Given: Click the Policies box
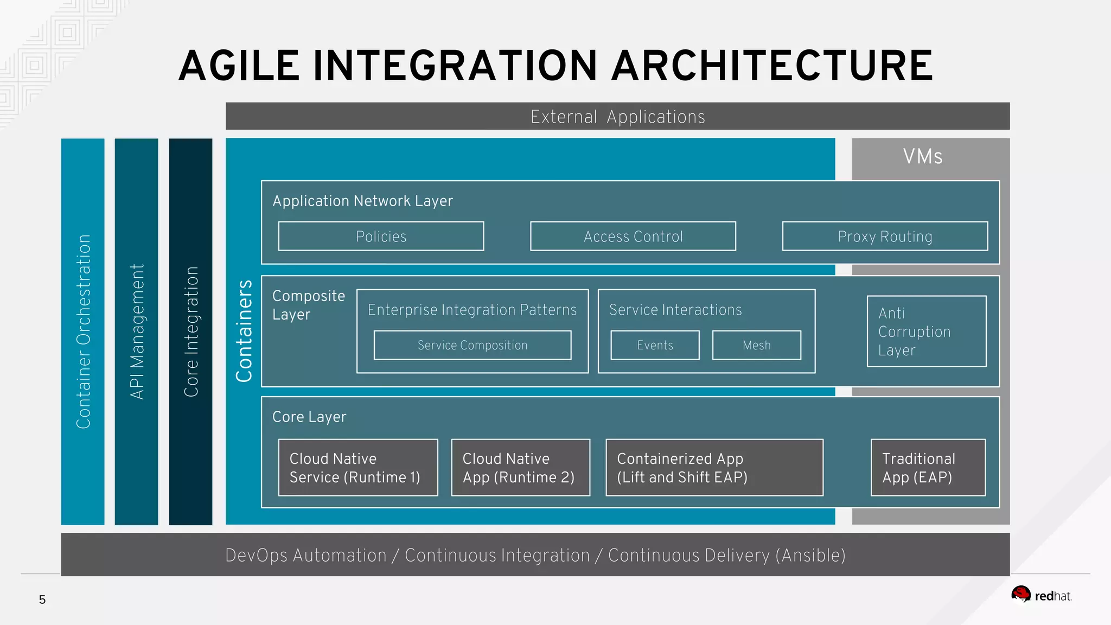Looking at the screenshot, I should coord(381,237).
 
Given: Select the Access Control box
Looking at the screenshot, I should coord(633,237).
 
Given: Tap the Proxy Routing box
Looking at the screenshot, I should coord(885,237).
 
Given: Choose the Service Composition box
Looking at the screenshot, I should coord(473,345).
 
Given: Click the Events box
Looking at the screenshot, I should coord(655,345).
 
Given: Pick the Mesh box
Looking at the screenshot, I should coord(756,345).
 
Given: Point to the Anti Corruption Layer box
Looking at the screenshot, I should coord(927,331).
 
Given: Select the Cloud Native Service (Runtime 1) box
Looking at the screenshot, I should coord(358,468).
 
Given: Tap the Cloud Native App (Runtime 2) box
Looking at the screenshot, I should coord(520,468).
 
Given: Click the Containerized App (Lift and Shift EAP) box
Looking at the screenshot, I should coord(714,468).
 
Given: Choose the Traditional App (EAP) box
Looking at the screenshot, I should coord(928,468).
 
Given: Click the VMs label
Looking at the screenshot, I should coord(923,157).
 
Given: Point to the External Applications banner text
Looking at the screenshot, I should coord(617,117).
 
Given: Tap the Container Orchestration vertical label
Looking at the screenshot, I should coord(83,331).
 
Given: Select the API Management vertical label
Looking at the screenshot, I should coord(137,331).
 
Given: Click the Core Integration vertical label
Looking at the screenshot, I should coord(191,331).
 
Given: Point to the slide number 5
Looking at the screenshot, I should coord(42,600).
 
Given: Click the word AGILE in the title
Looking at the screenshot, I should coord(239,66).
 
